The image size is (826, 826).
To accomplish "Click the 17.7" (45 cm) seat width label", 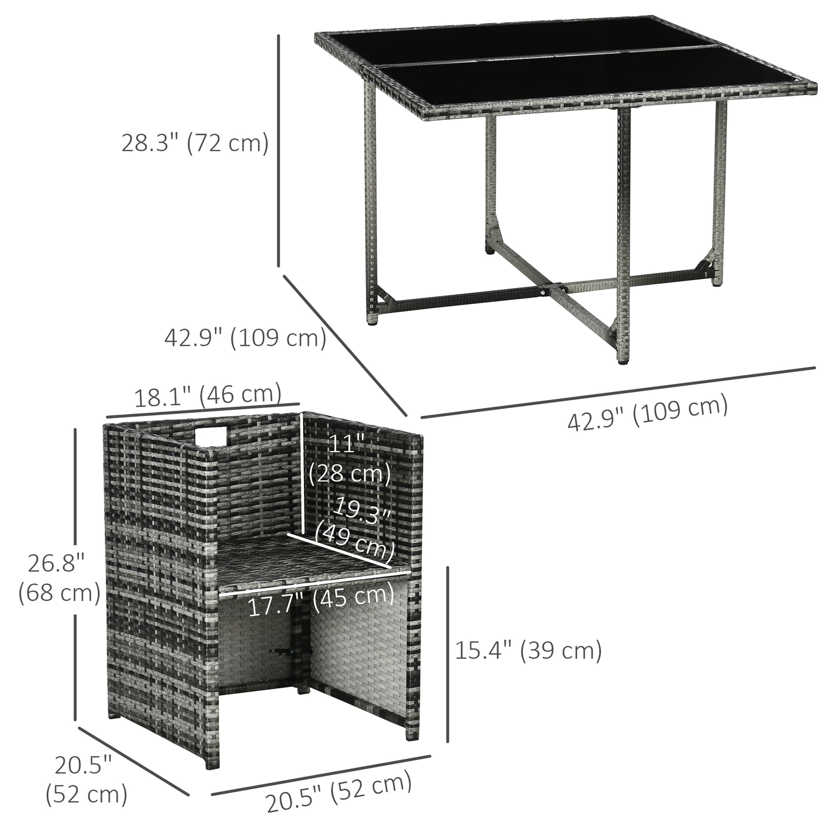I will coord(320,602).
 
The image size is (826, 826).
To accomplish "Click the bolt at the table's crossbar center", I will coord(542,292).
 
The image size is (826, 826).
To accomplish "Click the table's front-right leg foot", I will coord(625,361).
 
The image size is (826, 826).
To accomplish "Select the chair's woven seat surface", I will coord(299,560).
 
